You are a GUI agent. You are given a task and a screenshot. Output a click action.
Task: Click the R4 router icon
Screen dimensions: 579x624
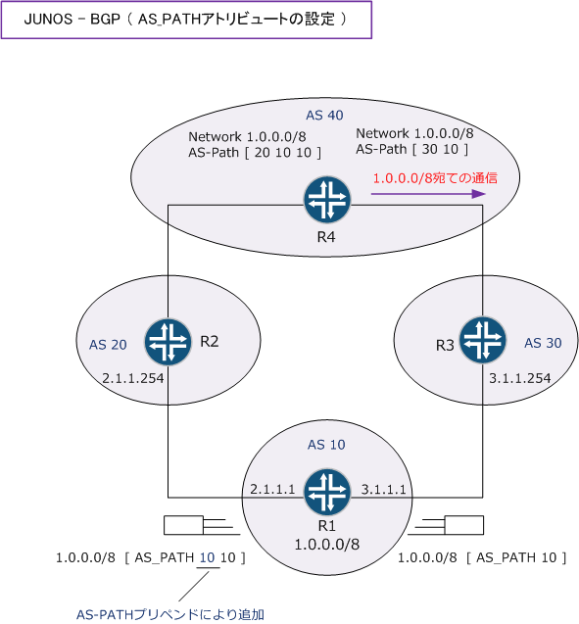[x=326, y=200]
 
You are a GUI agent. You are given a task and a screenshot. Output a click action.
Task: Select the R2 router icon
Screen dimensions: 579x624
[x=168, y=342]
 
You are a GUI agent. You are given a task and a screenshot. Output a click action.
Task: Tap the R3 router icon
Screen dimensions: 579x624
[x=483, y=340]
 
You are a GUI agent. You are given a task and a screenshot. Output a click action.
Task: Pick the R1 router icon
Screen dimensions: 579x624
[x=326, y=491]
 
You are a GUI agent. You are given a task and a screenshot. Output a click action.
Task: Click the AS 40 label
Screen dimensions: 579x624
[x=324, y=116]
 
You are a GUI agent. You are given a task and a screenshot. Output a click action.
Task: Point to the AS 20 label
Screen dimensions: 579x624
[x=108, y=345]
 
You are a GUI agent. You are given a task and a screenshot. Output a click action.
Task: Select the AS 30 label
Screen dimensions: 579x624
[x=543, y=343]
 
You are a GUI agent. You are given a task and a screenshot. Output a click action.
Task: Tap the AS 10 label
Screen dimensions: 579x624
[x=326, y=445]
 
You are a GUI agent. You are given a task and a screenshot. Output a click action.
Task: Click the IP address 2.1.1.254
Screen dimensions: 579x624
[x=133, y=378]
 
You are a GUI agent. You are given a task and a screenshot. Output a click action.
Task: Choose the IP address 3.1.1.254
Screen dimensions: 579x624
[x=519, y=378]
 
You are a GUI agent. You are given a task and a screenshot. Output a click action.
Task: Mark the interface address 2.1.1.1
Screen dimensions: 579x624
[x=272, y=489]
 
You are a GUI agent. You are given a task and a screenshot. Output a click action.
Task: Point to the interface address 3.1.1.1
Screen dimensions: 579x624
[x=384, y=489]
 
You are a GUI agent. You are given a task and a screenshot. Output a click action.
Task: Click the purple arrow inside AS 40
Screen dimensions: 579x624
[x=428, y=194]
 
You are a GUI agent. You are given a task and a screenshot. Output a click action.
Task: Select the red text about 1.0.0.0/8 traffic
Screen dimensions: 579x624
[x=435, y=178]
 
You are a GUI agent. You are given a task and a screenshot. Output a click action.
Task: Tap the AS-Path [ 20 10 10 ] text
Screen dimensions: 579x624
[x=255, y=153]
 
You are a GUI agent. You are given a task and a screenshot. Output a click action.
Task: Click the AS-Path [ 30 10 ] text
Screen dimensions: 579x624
[x=411, y=149]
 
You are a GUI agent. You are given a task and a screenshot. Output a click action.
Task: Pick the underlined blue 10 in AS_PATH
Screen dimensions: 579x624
[x=207, y=557]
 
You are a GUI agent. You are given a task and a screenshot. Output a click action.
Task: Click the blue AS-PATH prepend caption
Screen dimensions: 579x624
[x=170, y=614]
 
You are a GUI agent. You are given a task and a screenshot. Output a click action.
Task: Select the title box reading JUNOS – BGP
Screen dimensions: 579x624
[x=186, y=20]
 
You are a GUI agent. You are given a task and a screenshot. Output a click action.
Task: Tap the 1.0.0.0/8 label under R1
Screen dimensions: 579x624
[x=326, y=544]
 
